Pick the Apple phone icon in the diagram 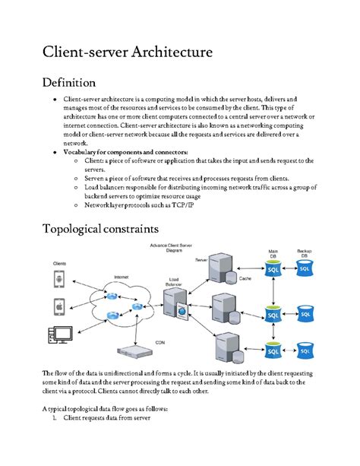tap(58, 306)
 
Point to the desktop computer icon tap(60, 334)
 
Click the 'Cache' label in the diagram tap(245, 279)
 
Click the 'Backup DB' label tap(305, 253)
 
